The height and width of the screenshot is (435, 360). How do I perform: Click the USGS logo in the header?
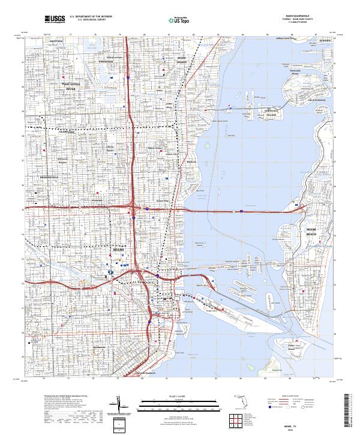(55, 19)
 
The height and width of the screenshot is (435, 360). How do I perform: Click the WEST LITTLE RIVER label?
(72, 86)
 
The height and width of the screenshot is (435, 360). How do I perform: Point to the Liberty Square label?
(110, 149)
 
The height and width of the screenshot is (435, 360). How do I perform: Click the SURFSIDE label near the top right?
(325, 40)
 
